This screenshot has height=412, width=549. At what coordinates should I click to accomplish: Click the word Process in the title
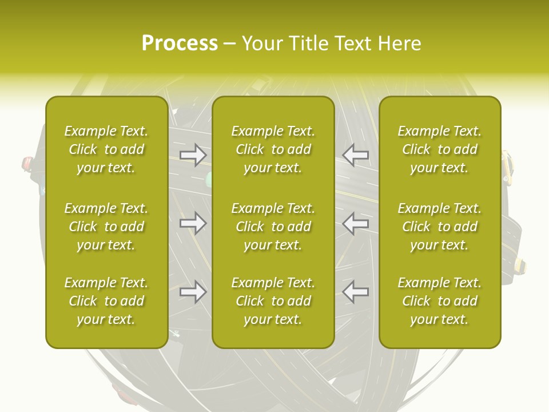tap(180, 43)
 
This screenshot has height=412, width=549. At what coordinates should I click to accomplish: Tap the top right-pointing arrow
tap(193, 154)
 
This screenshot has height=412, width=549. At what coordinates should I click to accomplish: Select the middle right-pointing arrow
tap(193, 223)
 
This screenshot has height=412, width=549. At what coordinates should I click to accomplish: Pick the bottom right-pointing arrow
tap(193, 292)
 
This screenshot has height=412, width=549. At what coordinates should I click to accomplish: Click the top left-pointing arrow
tap(355, 154)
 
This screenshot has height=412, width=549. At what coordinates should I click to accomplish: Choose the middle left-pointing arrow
tap(355, 223)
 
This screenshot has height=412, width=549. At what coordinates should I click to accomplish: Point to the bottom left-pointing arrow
tap(355, 292)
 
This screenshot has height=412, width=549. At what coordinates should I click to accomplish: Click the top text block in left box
tap(106, 149)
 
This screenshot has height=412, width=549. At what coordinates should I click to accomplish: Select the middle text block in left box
tap(106, 227)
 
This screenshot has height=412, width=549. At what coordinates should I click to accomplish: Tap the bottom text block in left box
tap(106, 301)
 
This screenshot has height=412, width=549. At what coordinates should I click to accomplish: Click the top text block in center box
tap(273, 149)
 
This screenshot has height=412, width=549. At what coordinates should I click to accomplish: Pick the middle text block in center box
tap(273, 227)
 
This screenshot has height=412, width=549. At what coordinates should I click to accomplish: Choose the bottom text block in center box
tap(273, 301)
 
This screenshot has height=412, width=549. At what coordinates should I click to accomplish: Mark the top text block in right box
tap(440, 149)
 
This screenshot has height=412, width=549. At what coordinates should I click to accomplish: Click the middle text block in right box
tap(440, 227)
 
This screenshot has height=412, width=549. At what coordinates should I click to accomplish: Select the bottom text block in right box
tap(440, 301)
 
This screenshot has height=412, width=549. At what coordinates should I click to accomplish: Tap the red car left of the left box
tap(27, 164)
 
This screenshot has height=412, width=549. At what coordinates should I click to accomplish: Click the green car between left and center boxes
tap(209, 179)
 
